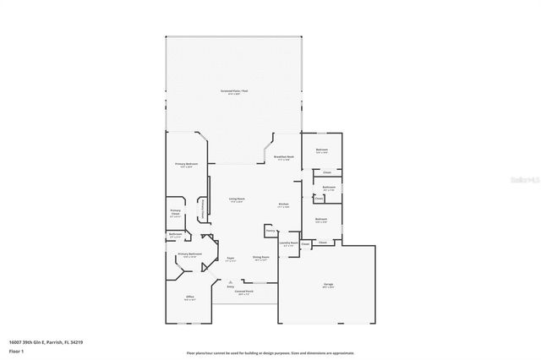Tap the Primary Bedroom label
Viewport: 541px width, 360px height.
pyautogui.click(x=187, y=164)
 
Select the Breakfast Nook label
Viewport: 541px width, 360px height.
pyautogui.click(x=283, y=157)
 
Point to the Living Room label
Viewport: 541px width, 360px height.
pyautogui.click(x=237, y=199)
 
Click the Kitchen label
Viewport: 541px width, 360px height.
pyautogui.click(x=285, y=205)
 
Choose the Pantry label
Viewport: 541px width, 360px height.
pyautogui.click(x=270, y=230)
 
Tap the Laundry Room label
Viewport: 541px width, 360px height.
pyautogui.click(x=289, y=243)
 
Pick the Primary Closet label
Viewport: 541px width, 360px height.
pyautogui.click(x=176, y=212)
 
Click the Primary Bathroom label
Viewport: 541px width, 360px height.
pyautogui.click(x=189, y=255)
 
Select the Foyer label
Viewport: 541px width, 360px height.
pyautogui.click(x=230, y=259)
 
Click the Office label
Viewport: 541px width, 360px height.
pyautogui.click(x=190, y=298)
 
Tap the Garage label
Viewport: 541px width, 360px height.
pyautogui.click(x=328, y=285)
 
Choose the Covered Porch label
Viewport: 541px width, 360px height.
pyautogui.click(x=244, y=294)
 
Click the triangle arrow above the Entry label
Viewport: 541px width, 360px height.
pyautogui.click(x=230, y=280)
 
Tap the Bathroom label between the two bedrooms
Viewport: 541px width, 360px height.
pyautogui.click(x=329, y=188)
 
